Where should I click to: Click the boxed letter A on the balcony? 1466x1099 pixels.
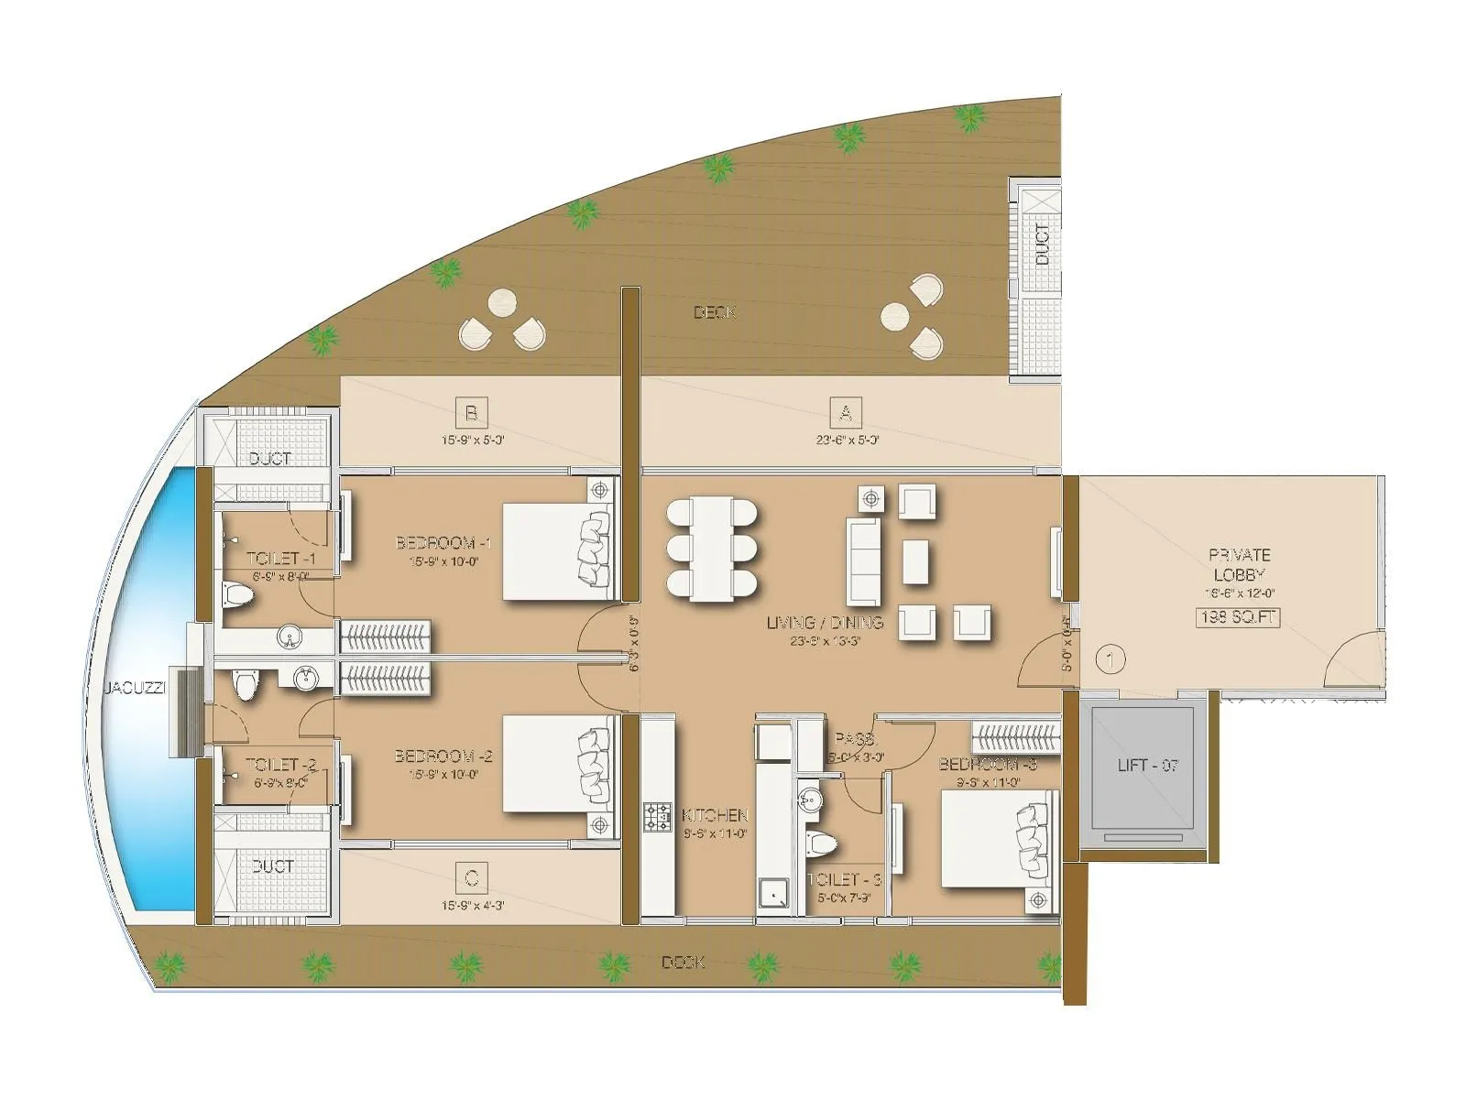click(x=845, y=413)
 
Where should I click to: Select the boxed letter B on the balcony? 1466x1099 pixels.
click(x=471, y=413)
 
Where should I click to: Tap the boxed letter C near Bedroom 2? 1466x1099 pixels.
click(x=471, y=878)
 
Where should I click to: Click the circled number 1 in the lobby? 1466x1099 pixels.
click(x=1110, y=658)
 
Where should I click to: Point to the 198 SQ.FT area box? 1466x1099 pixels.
click(x=1238, y=617)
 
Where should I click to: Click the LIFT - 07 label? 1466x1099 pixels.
click(x=1147, y=765)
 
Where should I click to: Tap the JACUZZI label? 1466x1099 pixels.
click(x=134, y=688)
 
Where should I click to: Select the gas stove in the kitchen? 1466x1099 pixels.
click(x=657, y=818)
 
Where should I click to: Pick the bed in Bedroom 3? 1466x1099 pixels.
click(x=995, y=838)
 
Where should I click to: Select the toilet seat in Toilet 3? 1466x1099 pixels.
click(x=820, y=843)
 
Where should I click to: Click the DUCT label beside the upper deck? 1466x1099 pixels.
click(x=1043, y=245)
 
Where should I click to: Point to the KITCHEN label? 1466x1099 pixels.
click(x=716, y=815)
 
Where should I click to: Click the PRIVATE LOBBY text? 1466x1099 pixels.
click(x=1239, y=564)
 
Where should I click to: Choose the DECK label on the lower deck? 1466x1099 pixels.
click(x=684, y=963)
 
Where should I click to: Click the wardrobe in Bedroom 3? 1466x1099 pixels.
click(x=1016, y=736)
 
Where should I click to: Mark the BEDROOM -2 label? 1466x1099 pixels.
click(x=443, y=756)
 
